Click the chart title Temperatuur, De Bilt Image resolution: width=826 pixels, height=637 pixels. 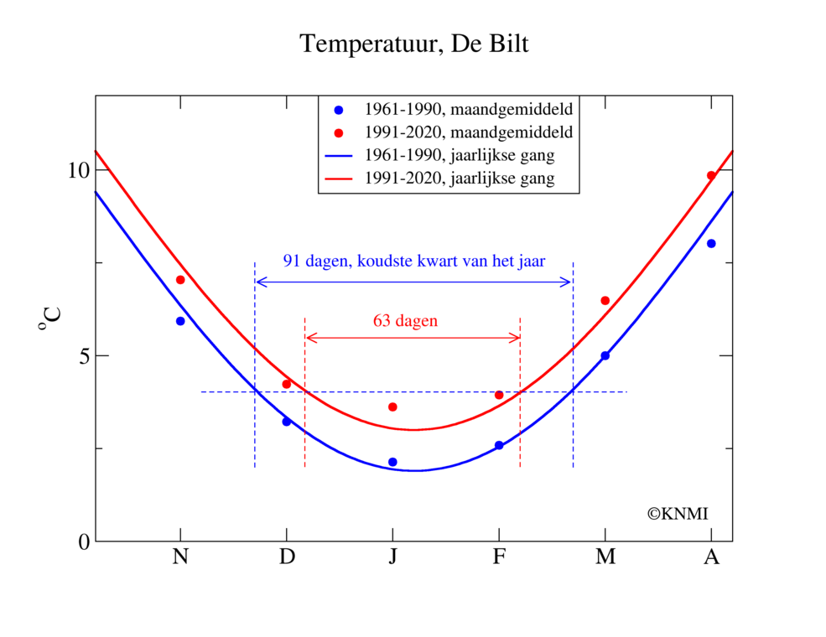(413, 44)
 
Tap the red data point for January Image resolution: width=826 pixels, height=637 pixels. (392, 407)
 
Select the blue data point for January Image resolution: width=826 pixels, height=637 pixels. (392, 462)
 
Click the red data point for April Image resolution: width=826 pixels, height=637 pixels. (711, 175)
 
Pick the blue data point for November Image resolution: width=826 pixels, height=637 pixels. (180, 321)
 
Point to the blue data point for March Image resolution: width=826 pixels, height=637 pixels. (605, 355)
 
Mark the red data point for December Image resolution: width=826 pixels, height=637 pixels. (287, 384)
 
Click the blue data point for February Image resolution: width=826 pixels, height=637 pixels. (499, 445)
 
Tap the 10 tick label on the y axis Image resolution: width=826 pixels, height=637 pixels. (77, 170)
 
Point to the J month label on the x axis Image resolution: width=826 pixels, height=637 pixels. (392, 557)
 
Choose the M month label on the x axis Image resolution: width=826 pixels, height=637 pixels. (605, 557)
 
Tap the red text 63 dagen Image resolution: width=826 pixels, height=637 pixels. (405, 320)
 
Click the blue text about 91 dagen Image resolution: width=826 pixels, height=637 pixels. (414, 261)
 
